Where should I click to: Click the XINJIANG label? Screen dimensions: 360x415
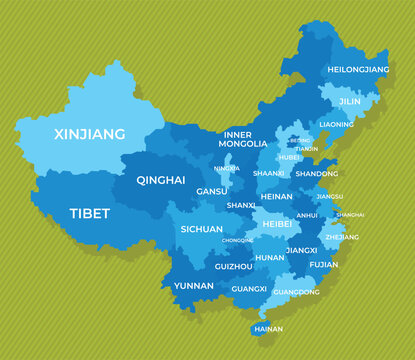pos(90,134)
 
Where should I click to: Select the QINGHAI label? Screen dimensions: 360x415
pos(162,181)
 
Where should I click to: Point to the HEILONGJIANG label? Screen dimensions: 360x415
pos(357,70)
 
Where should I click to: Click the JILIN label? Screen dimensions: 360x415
pos(351,102)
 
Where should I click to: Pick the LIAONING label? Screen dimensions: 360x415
pos(336,125)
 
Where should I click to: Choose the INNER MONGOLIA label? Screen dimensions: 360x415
pos(243,139)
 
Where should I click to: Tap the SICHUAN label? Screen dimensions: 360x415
pos(202,229)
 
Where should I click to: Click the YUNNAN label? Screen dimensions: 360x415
pos(194,286)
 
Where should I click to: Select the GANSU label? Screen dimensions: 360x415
pos(211,191)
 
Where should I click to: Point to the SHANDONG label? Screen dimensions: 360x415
pos(316,174)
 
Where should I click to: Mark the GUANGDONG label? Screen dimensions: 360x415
pos(296,292)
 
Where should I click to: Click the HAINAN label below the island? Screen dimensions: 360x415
pos(267,329)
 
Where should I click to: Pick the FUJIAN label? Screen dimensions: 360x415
pos(324,265)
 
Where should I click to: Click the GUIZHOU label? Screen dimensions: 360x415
pos(233,267)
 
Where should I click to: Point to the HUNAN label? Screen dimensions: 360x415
pos(270,257)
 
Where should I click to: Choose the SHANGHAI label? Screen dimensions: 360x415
pos(350,215)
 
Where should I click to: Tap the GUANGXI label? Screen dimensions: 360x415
pos(249,289)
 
